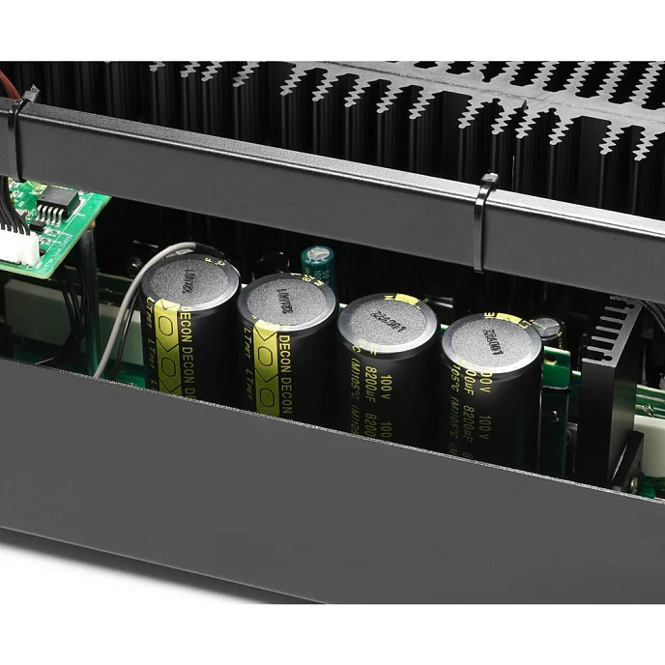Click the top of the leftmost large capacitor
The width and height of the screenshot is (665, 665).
tap(190, 280)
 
